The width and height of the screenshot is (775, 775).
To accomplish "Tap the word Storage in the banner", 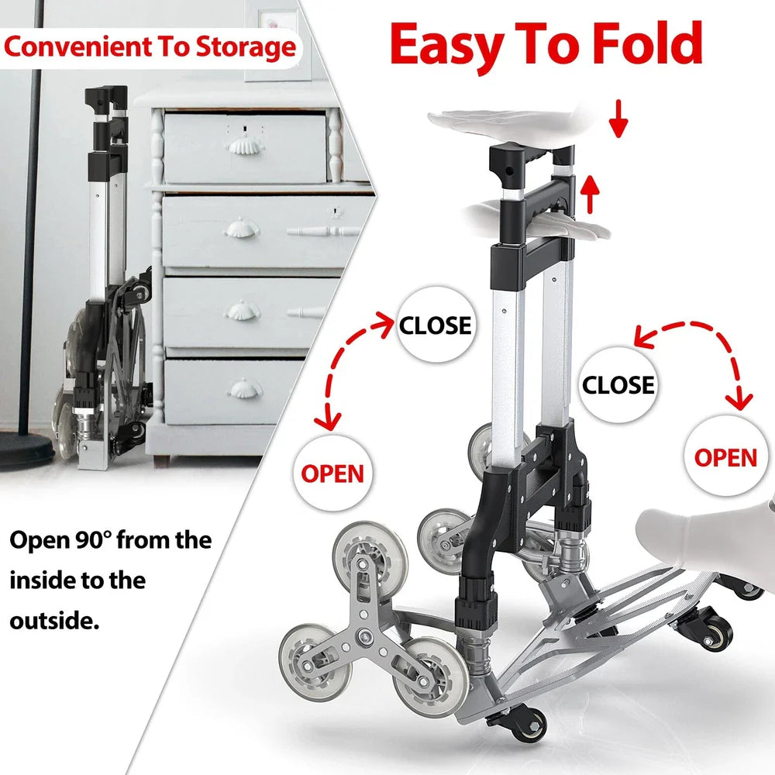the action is pyautogui.click(x=246, y=47).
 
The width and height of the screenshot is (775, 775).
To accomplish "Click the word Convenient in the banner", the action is pyautogui.click(x=78, y=46).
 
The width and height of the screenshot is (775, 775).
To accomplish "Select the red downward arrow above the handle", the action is pyautogui.click(x=618, y=119).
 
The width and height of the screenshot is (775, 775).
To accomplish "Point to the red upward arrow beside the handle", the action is pyautogui.click(x=590, y=195).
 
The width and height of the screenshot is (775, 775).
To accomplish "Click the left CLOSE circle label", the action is pyautogui.click(x=436, y=325).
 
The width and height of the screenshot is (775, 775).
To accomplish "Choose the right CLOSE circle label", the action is pyautogui.click(x=618, y=384).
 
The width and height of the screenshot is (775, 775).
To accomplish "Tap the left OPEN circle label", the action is pyautogui.click(x=332, y=473).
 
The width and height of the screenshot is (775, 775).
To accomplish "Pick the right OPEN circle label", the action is pyautogui.click(x=725, y=457).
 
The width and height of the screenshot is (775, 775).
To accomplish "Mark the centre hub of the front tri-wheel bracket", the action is pyautogui.click(x=365, y=635).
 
